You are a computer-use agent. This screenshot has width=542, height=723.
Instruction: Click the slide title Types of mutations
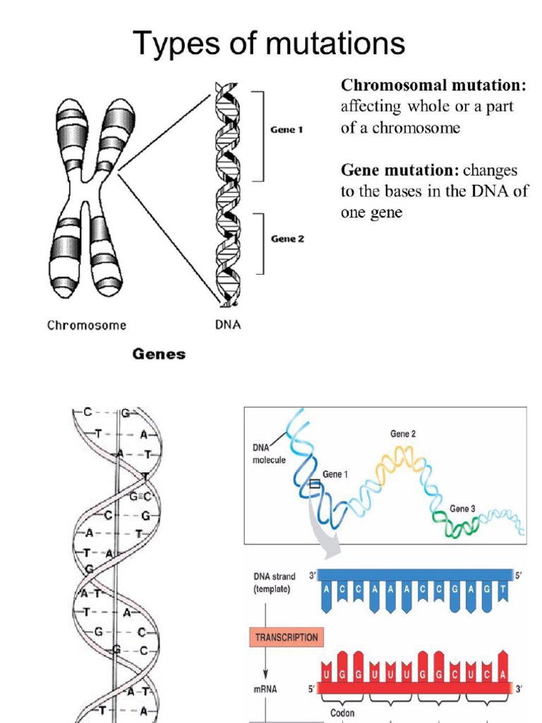269,44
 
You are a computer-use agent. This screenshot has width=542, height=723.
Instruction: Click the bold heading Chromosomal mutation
433,86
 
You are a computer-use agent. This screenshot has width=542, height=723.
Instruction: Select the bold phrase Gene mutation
399,171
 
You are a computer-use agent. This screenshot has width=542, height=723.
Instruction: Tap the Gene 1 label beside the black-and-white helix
287,130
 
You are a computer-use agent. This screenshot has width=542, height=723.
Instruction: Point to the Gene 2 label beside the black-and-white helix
287,239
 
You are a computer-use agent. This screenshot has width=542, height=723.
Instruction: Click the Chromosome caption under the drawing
87,325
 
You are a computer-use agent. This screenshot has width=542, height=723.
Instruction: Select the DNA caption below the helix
227,325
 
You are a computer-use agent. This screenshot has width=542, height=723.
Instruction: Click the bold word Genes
159,354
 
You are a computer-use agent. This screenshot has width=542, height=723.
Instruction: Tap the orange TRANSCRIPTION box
286,638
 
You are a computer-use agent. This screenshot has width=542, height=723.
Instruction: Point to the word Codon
342,713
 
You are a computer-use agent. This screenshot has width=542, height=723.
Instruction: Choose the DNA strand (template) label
275,582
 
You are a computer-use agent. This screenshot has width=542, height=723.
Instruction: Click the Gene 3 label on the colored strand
463,509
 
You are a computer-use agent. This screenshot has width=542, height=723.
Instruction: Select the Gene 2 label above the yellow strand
403,434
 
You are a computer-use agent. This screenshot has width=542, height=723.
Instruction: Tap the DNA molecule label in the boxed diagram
269,453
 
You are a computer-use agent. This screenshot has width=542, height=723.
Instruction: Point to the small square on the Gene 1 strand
314,485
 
